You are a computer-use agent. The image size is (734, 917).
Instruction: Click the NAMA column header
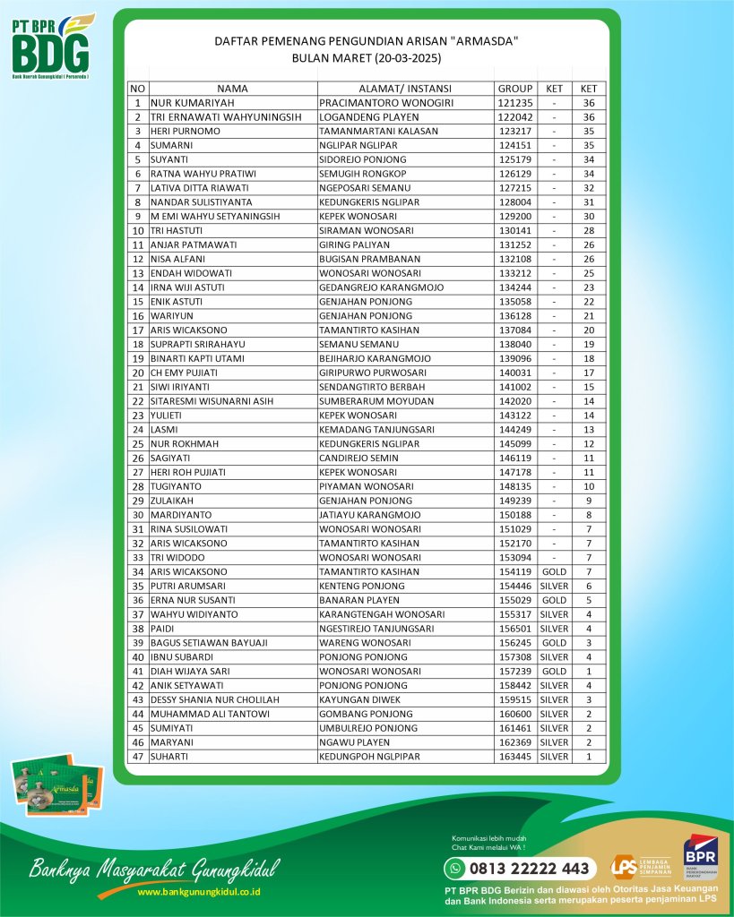232,89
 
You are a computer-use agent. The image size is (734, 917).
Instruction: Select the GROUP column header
514,89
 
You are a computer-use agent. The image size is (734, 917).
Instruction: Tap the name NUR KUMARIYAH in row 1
185,103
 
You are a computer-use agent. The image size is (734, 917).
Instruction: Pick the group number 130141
514,230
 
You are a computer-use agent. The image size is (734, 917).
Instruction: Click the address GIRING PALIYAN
354,244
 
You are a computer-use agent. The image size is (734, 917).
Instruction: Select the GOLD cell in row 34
554,571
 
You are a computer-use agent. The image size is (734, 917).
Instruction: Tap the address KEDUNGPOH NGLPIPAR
369,757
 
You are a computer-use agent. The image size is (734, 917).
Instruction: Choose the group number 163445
514,757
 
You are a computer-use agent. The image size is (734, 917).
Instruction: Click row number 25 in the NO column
138,443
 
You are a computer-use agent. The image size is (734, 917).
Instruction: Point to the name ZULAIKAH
172,500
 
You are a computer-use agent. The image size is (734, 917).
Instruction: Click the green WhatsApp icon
457,868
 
